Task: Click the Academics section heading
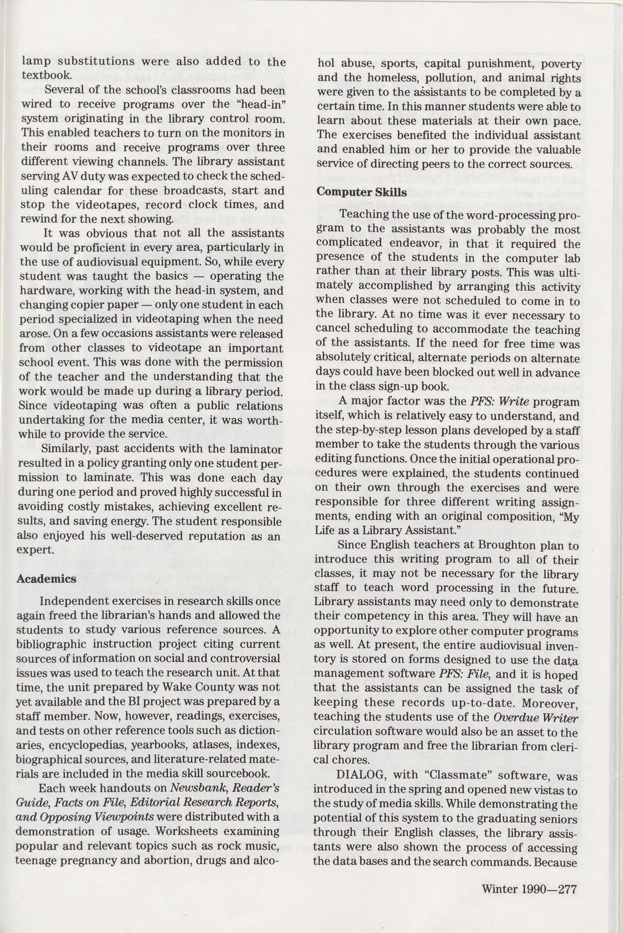point(46,579)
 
